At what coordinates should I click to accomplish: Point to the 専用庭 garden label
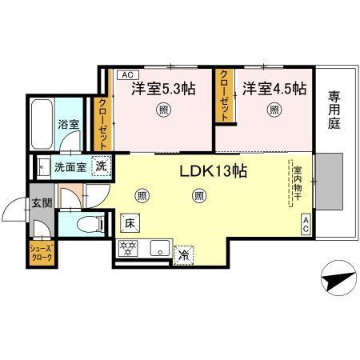(x=334, y=110)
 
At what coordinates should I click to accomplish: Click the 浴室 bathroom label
(x=69, y=124)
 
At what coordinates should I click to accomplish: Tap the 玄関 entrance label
(x=42, y=203)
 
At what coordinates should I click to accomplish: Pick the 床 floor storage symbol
(x=129, y=223)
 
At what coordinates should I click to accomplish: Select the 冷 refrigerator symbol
(x=184, y=255)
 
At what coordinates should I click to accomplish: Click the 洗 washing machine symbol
(x=102, y=167)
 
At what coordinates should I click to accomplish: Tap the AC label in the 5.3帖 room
(x=125, y=74)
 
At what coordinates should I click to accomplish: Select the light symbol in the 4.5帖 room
(x=274, y=110)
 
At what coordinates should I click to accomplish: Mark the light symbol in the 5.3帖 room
(x=164, y=110)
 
